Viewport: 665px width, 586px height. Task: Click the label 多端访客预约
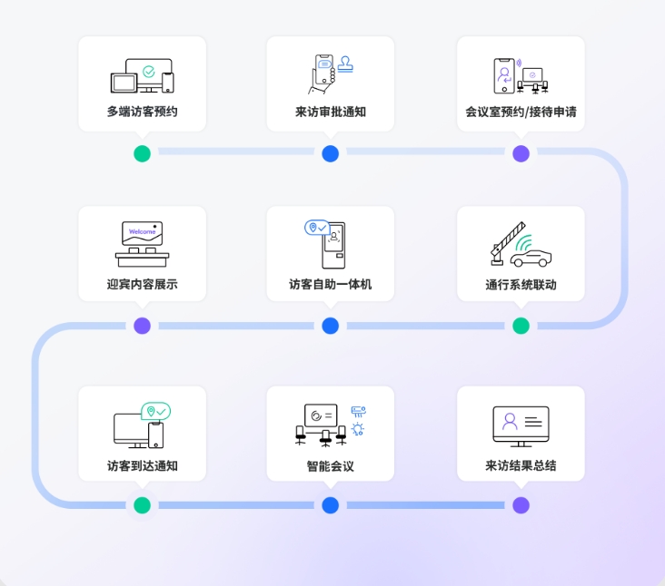pyautogui.click(x=142, y=112)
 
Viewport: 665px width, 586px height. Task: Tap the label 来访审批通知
pyautogui.click(x=331, y=112)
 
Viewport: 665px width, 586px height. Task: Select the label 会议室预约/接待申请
pyautogui.click(x=521, y=112)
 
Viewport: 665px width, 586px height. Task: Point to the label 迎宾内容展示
pyautogui.click(x=142, y=284)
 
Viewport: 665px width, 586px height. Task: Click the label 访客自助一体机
pyautogui.click(x=331, y=284)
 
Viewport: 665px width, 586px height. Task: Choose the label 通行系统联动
pyautogui.click(x=521, y=284)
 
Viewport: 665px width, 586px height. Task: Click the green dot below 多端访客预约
pyautogui.click(x=142, y=153)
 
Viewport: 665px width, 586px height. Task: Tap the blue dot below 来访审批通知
pyautogui.click(x=331, y=153)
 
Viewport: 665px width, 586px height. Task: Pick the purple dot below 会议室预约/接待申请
pyautogui.click(x=521, y=153)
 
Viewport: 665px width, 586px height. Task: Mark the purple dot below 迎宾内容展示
pyautogui.click(x=142, y=326)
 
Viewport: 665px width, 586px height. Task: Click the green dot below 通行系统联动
pyautogui.click(x=521, y=326)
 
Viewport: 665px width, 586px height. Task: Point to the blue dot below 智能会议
pyautogui.click(x=331, y=505)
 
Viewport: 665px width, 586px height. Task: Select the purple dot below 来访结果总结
pyautogui.click(x=521, y=505)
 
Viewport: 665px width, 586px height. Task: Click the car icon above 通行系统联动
pyautogui.click(x=531, y=258)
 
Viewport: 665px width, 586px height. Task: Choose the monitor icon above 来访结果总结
pyautogui.click(x=521, y=425)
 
